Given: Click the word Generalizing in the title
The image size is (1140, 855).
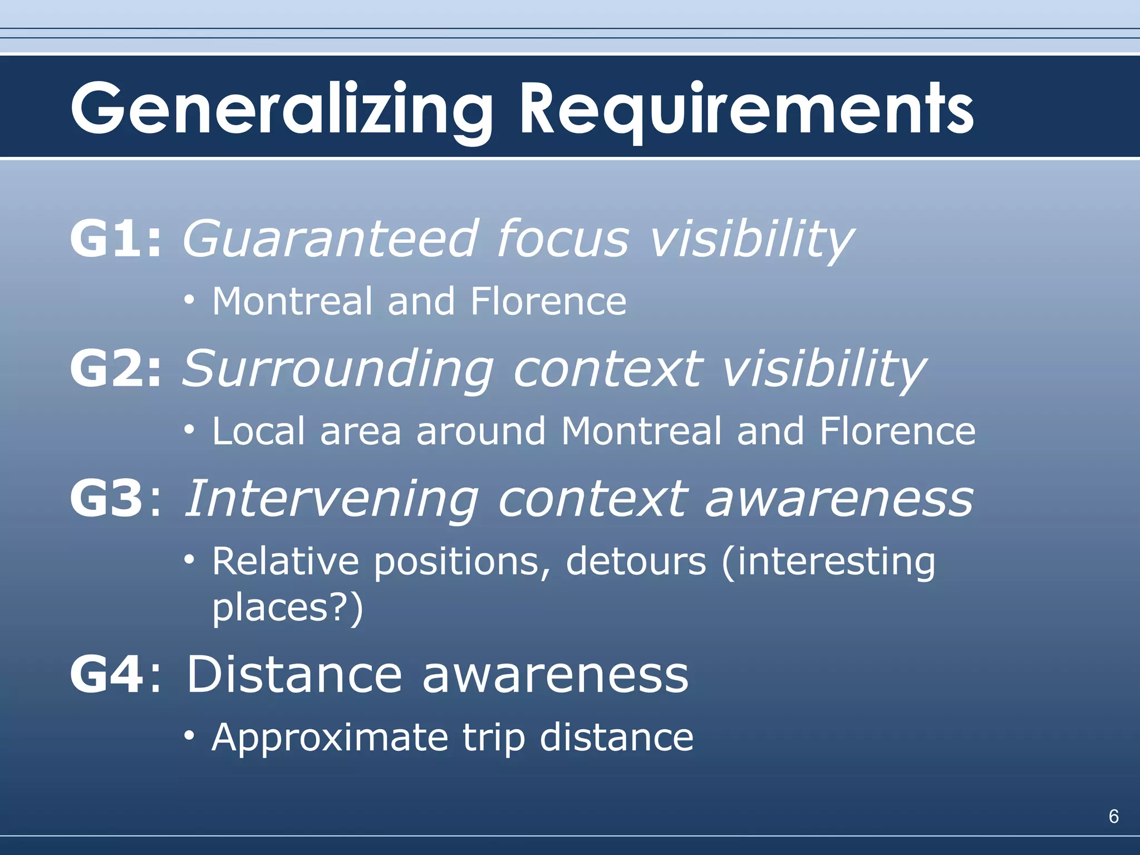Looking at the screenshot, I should [x=282, y=109].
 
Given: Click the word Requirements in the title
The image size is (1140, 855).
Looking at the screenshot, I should [x=746, y=109].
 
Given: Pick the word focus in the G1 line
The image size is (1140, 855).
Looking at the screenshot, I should [x=563, y=239].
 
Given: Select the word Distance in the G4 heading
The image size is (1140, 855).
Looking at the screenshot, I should [x=294, y=675].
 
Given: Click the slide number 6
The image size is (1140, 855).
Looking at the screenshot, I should [x=1113, y=816].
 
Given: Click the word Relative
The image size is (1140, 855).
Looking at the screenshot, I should [x=286, y=561].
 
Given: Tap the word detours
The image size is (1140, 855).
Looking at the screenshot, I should [x=636, y=561].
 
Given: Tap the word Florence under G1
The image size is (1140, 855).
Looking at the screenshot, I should [x=548, y=302].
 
